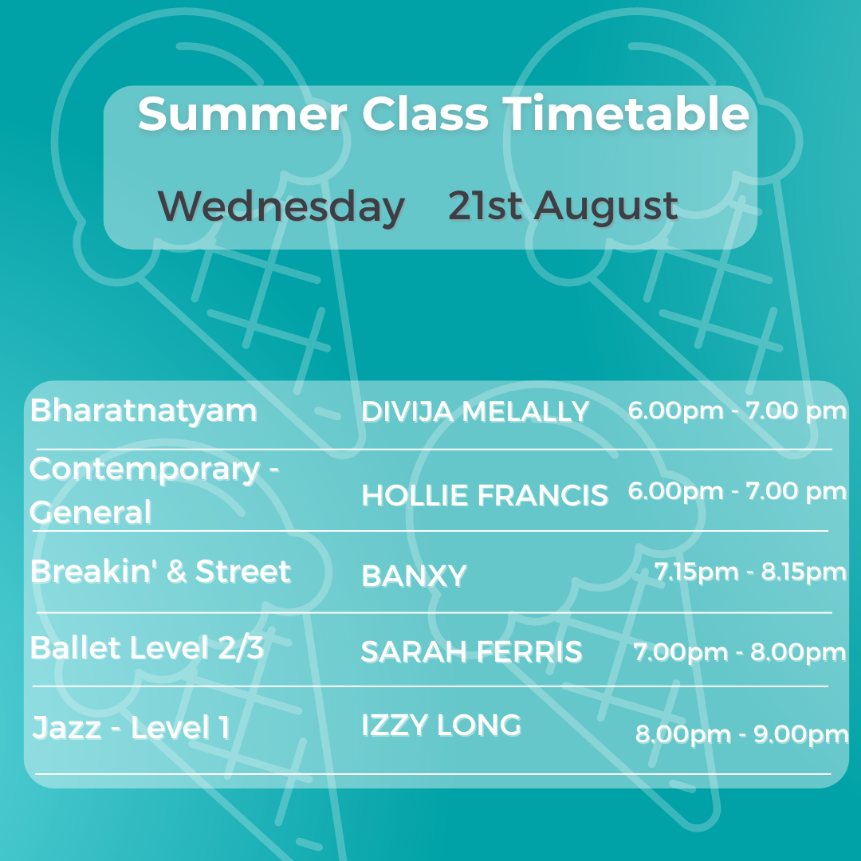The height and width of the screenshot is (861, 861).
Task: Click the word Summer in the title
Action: pyautogui.click(x=242, y=114)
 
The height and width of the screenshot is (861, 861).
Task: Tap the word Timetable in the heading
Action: pyautogui.click(x=627, y=113)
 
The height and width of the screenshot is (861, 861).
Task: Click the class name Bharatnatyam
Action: pyautogui.click(x=143, y=411)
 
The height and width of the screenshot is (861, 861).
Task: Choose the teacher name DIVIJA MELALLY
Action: pyautogui.click(x=475, y=411)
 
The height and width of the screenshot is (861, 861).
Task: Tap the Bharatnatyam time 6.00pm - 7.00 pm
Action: pyautogui.click(x=737, y=411)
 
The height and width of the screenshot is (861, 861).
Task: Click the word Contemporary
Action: pyautogui.click(x=144, y=470)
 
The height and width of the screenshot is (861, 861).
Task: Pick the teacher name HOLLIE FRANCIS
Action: pyautogui.click(x=485, y=495)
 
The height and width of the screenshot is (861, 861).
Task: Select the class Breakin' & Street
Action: pyautogui.click(x=160, y=571)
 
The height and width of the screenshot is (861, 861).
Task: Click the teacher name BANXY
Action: pyautogui.click(x=414, y=576)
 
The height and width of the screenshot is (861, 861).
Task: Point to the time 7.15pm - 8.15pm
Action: pyautogui.click(x=750, y=572)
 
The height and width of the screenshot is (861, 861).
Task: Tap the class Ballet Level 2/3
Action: pyautogui.click(x=147, y=647)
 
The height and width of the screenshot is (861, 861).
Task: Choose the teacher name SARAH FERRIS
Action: pyautogui.click(x=471, y=651)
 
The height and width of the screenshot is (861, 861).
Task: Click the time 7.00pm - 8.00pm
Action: pyautogui.click(x=740, y=652)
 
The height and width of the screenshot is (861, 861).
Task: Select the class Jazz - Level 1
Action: pyautogui.click(x=132, y=728)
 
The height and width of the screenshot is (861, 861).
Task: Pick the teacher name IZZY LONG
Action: pyautogui.click(x=441, y=725)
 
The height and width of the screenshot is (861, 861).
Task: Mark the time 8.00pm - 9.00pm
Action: pyautogui.click(x=742, y=733)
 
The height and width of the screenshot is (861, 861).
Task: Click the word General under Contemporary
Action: pyautogui.click(x=90, y=513)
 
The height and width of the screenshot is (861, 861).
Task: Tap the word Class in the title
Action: pyautogui.click(x=425, y=114)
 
